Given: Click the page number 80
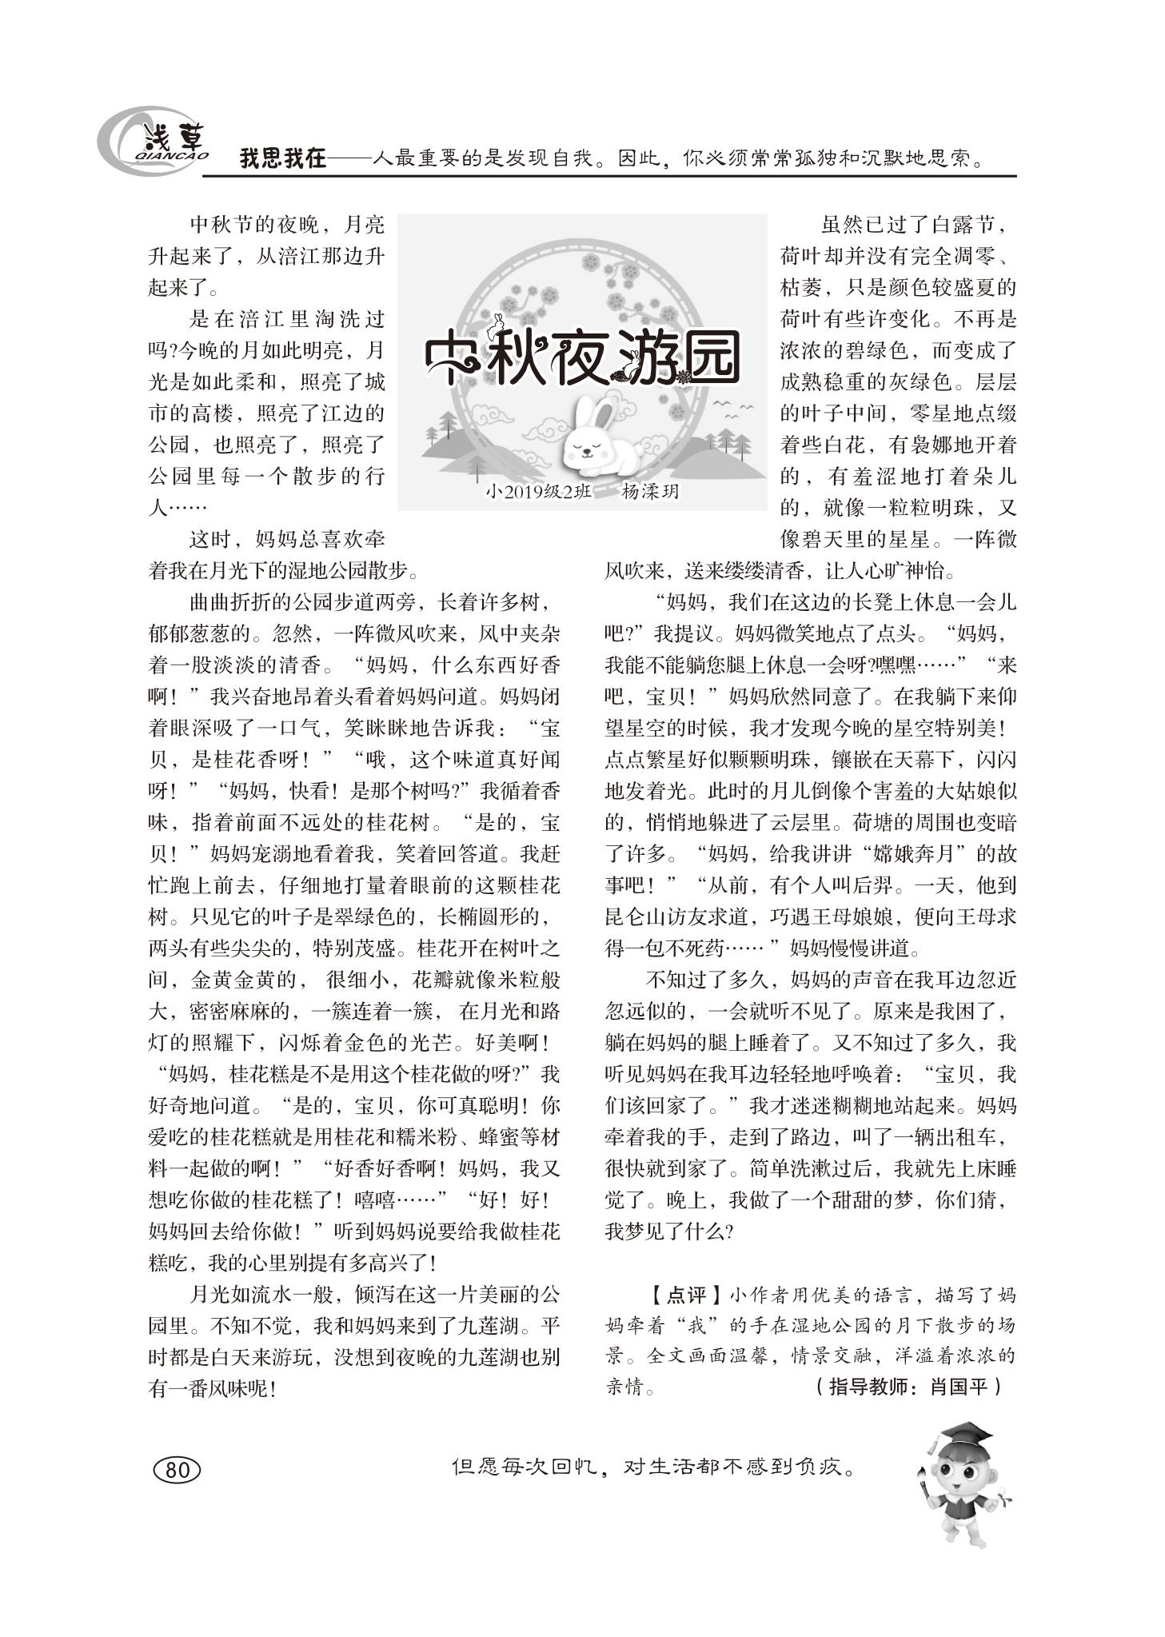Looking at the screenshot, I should (177, 1469).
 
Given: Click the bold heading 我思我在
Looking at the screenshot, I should (283, 158).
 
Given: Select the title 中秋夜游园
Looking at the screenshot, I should (581, 357).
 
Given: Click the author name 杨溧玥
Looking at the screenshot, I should (649, 492).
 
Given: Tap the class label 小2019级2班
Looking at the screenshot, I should (537, 492).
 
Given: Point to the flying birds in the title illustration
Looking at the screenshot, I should (732, 409).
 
